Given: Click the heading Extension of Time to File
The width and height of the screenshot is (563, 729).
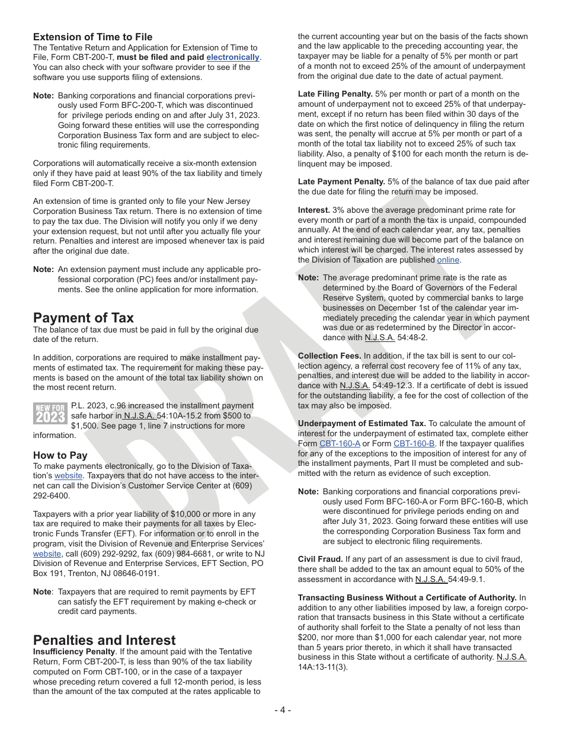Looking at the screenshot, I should coord(92,37).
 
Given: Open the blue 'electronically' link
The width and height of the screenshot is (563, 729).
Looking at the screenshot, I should coord(232,57).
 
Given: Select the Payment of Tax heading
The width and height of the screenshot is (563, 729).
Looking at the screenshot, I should coord(84,317).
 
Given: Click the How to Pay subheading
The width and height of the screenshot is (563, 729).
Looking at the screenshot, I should coord(60,455).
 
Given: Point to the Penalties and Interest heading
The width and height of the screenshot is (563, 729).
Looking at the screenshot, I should coord(104,640).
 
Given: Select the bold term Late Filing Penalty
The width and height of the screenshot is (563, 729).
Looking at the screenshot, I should coord(335,94).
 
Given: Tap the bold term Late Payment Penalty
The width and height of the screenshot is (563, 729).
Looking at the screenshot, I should coord(341,181).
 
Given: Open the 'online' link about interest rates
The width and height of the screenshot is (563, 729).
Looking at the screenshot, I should coord(448,260).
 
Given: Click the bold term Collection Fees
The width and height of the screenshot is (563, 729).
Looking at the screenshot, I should coord(329,356).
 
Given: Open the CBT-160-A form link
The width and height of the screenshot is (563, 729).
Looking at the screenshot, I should coord(340,443).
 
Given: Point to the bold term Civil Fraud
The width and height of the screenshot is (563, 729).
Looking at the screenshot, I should coord(320,559).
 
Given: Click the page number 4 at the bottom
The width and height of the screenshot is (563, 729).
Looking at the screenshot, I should coord(282,710).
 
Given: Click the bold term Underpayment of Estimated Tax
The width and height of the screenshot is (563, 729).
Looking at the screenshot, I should coord(362,423).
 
